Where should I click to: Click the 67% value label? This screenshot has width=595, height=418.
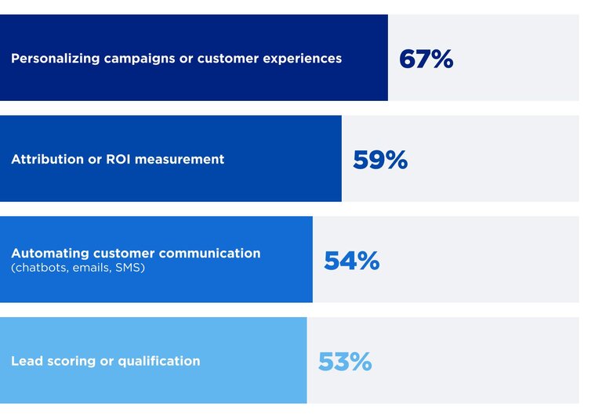426,59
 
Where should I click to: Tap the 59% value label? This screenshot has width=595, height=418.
380,160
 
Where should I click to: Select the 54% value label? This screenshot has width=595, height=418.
351,261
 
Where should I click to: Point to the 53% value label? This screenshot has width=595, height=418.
344,362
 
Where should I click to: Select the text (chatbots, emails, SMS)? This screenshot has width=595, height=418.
78,268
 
